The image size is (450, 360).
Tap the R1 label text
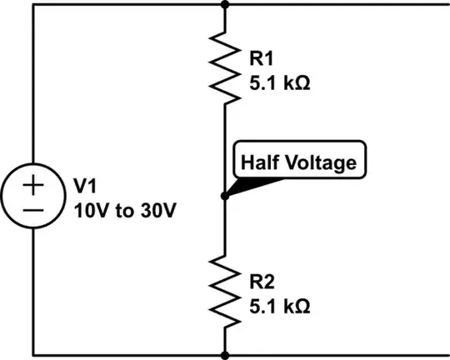[260, 58]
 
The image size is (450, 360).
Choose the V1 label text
[86, 184]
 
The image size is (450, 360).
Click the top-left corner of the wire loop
[33, 5]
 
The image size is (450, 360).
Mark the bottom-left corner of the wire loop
[33, 354]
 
